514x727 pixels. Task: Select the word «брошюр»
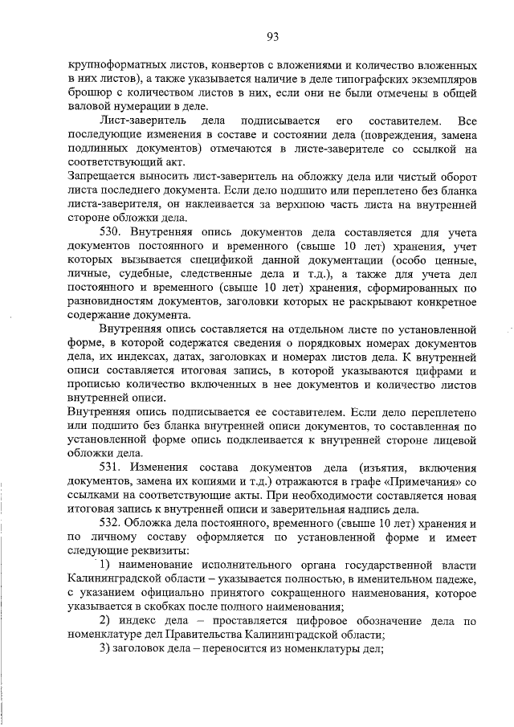pyautogui.click(x=88, y=95)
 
